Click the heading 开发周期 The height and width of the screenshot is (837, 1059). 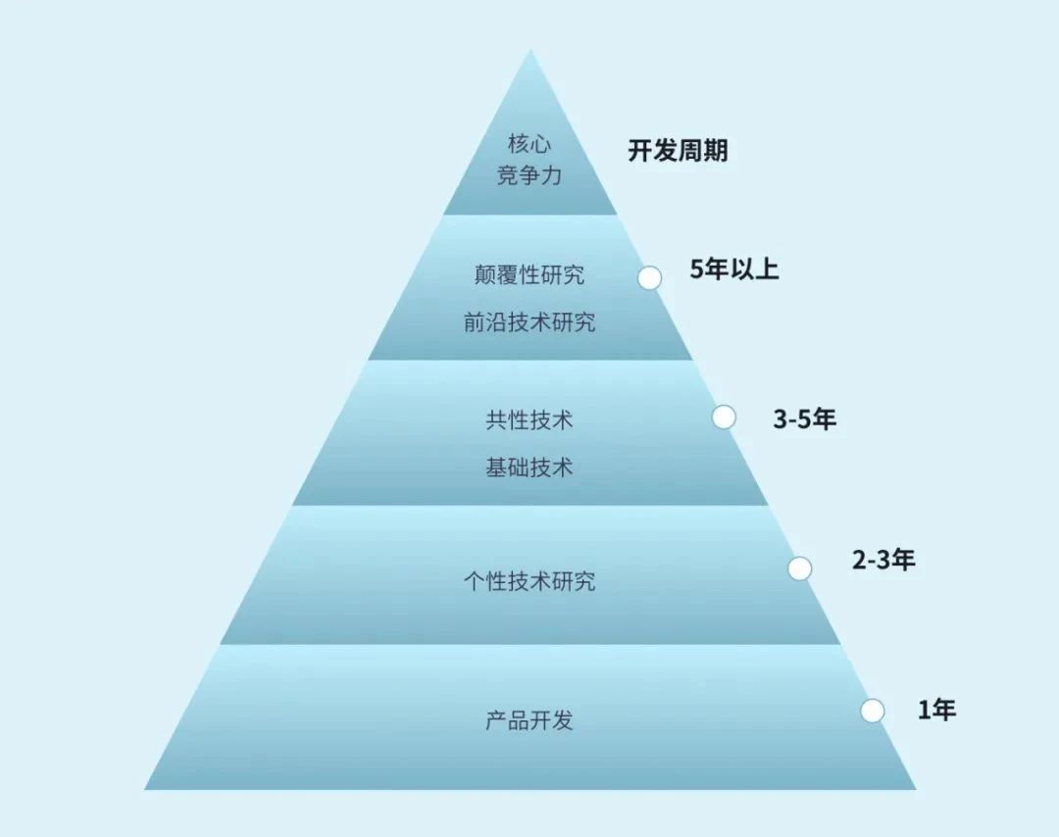click(679, 151)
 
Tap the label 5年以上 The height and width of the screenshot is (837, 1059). click(734, 270)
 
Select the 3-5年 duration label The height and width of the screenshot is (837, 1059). click(804, 419)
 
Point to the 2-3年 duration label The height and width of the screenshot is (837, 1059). click(883, 560)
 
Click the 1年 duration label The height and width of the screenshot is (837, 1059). click(936, 711)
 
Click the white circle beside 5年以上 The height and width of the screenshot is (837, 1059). click(649, 277)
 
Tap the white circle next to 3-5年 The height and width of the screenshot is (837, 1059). click(724, 418)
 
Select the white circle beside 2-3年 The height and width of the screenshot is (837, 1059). click(800, 568)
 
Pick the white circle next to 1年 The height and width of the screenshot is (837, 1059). click(872, 711)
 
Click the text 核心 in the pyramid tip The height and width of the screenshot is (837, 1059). click(529, 143)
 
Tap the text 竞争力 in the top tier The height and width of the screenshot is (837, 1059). click(529, 175)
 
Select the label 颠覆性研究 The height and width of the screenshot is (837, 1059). click(529, 274)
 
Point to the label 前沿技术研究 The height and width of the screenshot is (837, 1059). click(529, 322)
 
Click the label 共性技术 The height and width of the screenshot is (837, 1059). click(529, 419)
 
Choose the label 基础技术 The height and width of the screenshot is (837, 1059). click(529, 468)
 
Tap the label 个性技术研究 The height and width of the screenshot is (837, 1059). click(529, 580)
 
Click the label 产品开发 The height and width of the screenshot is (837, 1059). click(529, 720)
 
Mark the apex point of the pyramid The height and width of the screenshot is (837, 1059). click(530, 49)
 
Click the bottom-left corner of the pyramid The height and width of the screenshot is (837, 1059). click(144, 789)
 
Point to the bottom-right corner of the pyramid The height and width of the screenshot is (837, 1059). click(916, 789)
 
